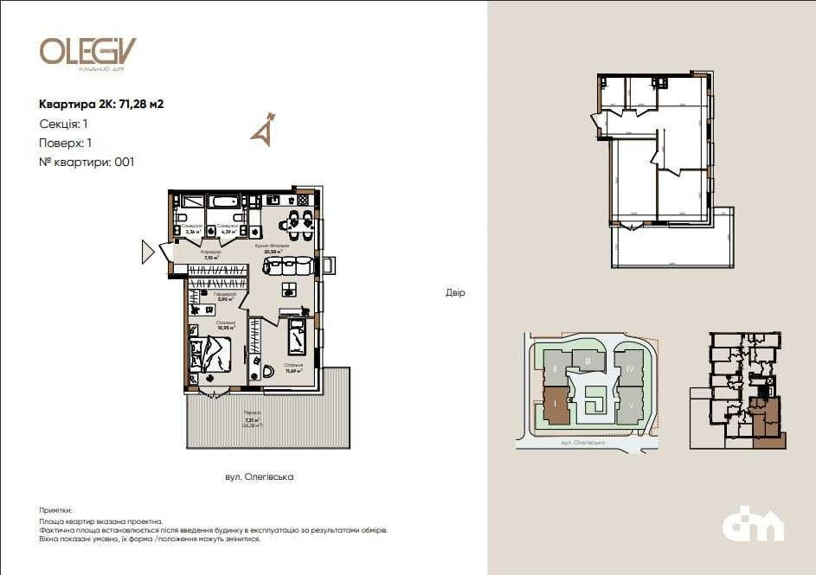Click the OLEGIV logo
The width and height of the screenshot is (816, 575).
[x=87, y=52]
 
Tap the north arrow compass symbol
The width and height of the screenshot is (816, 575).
[x=263, y=127]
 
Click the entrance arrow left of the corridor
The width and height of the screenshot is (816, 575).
[x=148, y=252]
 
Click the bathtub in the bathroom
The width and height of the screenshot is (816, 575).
[x=223, y=202]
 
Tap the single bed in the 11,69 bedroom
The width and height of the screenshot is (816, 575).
[x=297, y=337]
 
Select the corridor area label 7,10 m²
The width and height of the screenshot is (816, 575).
[x=210, y=257]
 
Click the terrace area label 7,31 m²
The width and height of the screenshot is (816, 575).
[x=251, y=420]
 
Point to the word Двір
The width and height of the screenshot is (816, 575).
[x=455, y=293]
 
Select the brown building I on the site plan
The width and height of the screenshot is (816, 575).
[x=555, y=406]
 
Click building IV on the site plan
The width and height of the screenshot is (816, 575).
[x=632, y=369]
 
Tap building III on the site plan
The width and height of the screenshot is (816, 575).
[x=588, y=361]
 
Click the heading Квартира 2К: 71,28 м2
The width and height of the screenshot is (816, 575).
[x=101, y=105]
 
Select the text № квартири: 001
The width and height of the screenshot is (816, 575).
[x=87, y=162]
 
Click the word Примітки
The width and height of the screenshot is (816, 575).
[x=56, y=511]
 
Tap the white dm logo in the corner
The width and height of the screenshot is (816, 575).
[x=753, y=525]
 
